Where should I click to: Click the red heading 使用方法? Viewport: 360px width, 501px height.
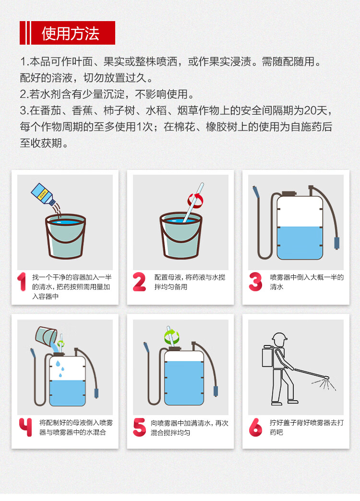pyautogui.click(x=71, y=33)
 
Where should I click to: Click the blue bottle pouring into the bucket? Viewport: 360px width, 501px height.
pyautogui.click(x=43, y=194)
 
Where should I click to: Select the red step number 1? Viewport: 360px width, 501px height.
pyautogui.click(x=22, y=282)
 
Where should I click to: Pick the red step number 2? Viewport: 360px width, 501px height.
pyautogui.click(x=139, y=282)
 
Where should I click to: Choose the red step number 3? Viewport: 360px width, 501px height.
pyautogui.click(x=255, y=282)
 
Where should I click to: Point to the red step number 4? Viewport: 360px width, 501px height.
pyautogui.click(x=25, y=427)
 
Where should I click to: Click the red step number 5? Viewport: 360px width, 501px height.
pyautogui.click(x=139, y=427)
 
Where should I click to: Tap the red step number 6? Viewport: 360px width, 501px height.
pyautogui.click(x=255, y=427)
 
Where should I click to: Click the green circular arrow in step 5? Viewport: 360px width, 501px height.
pyautogui.click(x=172, y=336)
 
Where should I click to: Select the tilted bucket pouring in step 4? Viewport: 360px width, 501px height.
pyautogui.click(x=46, y=337)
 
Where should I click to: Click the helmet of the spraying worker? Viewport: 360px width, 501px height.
pyautogui.click(x=279, y=337)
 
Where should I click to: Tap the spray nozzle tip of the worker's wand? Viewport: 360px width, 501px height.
pyautogui.click(x=327, y=378)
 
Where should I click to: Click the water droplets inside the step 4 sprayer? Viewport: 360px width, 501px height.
pyautogui.click(x=60, y=369)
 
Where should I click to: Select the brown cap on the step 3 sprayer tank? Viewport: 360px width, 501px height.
pyautogui.click(x=289, y=193)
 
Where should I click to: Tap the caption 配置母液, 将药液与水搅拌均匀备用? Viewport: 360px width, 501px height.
pyautogui.click(x=190, y=282)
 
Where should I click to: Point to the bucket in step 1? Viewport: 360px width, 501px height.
pyautogui.click(x=66, y=236)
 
